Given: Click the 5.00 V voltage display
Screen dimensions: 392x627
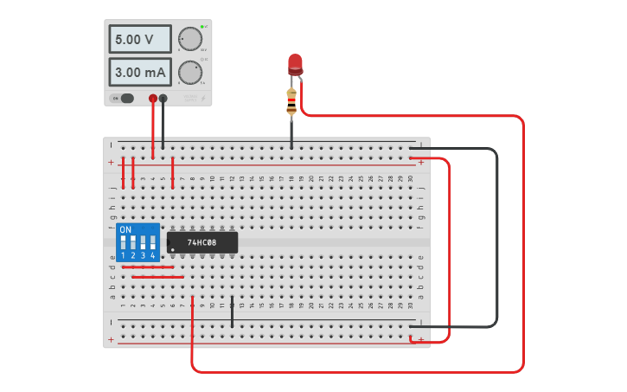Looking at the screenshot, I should pyautogui.click(x=139, y=39).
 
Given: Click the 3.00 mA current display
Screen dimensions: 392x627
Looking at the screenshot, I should pyautogui.click(x=139, y=72).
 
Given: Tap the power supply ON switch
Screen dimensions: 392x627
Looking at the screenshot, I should pyautogui.click(x=126, y=98).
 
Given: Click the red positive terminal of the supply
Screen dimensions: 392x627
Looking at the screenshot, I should pyautogui.click(x=153, y=98).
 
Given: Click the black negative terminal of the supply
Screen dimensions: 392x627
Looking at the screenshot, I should pyautogui.click(x=163, y=98).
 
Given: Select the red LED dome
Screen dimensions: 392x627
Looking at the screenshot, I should pyautogui.click(x=295, y=62).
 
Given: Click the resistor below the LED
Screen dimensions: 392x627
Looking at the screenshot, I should pyautogui.click(x=291, y=101).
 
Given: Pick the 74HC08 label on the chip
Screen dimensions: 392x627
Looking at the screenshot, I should pyautogui.click(x=202, y=242).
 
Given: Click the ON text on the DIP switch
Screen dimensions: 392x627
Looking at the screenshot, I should pyautogui.click(x=126, y=230).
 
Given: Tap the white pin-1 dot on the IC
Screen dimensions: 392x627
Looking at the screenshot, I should pyautogui.click(x=173, y=250).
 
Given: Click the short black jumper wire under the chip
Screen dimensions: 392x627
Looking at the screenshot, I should pyautogui.click(x=232, y=312).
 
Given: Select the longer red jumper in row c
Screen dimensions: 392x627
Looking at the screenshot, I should pyautogui.click(x=153, y=277).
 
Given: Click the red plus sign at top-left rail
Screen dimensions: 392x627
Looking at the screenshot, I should pyautogui.click(x=111, y=163).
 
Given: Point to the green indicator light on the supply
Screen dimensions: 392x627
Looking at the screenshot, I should pyautogui.click(x=202, y=27).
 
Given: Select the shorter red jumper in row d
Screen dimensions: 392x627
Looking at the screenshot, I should pyautogui.click(x=148, y=267).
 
